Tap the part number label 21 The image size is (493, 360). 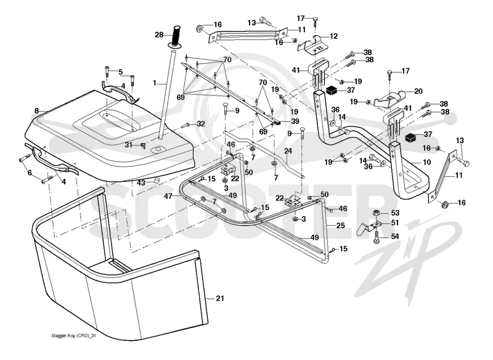[220, 298]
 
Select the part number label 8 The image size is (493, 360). [36, 111]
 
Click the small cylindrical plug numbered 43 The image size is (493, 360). [155, 181]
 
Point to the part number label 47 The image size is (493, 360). [168, 196]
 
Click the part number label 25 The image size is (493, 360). [341, 226]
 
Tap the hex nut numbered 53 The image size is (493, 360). [377, 213]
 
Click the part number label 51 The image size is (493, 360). [394, 223]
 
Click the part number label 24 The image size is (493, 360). [288, 151]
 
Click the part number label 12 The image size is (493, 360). [333, 36]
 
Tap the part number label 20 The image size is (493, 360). [418, 91]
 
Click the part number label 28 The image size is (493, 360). [159, 35]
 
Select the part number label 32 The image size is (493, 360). [201, 124]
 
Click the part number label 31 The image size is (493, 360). [129, 145]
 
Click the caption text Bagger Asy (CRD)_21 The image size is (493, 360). [73, 336]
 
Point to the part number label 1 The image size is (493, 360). [155, 83]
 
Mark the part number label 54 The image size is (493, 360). [394, 236]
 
